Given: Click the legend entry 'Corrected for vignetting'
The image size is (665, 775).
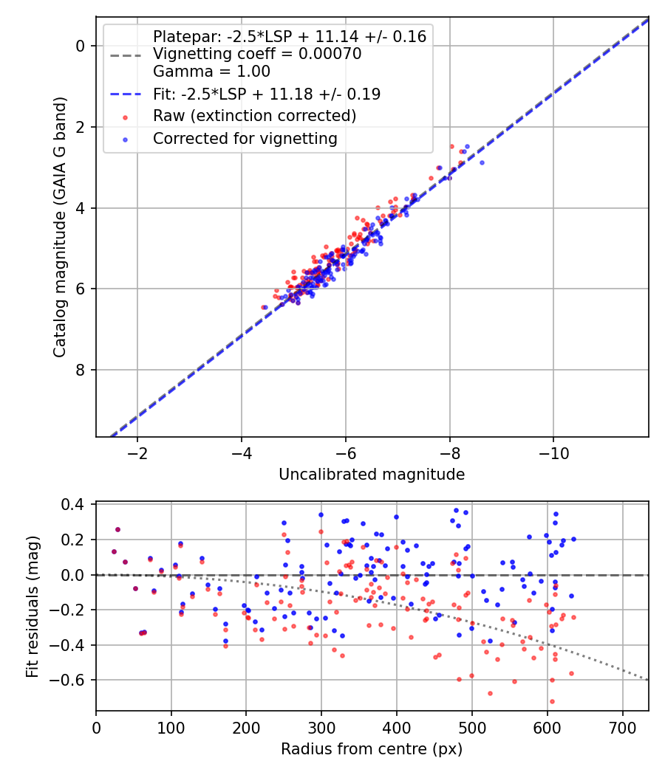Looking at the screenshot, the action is point(245,139).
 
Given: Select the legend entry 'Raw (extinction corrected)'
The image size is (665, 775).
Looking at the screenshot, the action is point(254,116).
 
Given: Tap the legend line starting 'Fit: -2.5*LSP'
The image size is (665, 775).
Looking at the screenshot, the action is point(267,94).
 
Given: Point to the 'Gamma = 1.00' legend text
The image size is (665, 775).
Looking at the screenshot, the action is point(212,71).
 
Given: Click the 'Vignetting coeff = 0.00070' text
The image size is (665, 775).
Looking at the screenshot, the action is point(257,54).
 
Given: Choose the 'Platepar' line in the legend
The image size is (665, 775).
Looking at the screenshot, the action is point(290,37).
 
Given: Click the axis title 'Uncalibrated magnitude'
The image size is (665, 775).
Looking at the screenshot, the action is point(372,475).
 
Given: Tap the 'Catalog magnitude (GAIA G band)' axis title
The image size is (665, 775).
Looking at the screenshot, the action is point(60,227).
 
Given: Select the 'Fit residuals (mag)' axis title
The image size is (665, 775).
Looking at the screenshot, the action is point(33,607).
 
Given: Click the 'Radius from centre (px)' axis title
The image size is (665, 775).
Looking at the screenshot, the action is point(372,749).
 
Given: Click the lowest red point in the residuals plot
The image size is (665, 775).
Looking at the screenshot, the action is point(552,701).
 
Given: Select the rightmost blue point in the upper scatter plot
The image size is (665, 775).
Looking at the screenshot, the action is point(482,162).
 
